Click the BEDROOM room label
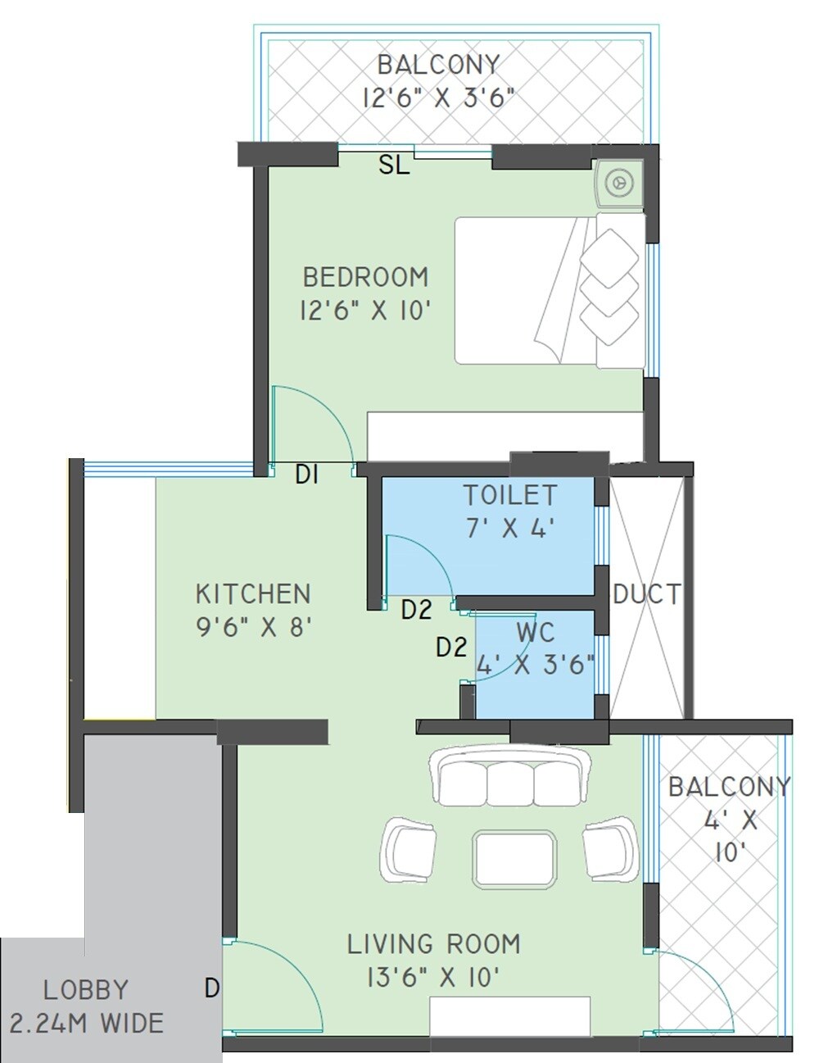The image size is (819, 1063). pyautogui.click(x=365, y=277)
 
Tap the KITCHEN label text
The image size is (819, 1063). pyautogui.click(x=253, y=593)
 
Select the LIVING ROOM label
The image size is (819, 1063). pyautogui.click(x=433, y=944)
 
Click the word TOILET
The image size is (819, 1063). pyautogui.click(x=510, y=496)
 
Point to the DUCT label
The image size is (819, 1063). pyautogui.click(x=646, y=594)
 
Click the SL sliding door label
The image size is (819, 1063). pyautogui.click(x=393, y=166)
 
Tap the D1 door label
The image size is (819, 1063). pyautogui.click(x=306, y=475)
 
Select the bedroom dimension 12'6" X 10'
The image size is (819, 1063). pyautogui.click(x=365, y=311)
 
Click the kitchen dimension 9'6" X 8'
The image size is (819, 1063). pyautogui.click(x=254, y=628)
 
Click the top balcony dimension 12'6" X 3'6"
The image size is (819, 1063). pyautogui.click(x=437, y=98)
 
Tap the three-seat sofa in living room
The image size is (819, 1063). pyautogui.click(x=510, y=777)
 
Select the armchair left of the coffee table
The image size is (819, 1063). pyautogui.click(x=409, y=848)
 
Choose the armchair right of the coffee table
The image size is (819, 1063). pyautogui.click(x=611, y=848)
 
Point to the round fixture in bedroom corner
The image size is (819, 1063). pyautogui.click(x=619, y=182)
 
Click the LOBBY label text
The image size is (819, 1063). pyautogui.click(x=86, y=990)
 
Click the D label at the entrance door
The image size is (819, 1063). pyautogui.click(x=211, y=989)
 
